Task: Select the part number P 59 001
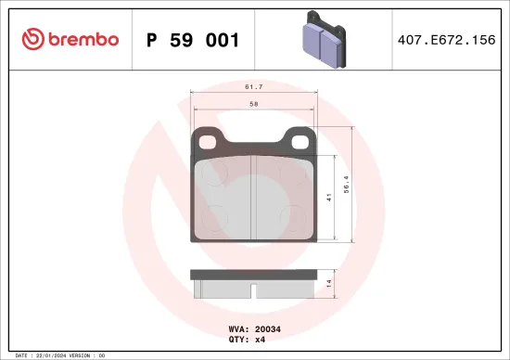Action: tap(194, 40)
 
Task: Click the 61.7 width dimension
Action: tap(251, 85)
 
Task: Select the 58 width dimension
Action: tap(252, 106)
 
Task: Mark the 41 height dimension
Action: tap(330, 198)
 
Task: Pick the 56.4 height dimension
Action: tap(349, 185)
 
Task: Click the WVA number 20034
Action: tap(268, 328)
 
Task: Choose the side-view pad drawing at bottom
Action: tap(252, 285)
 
